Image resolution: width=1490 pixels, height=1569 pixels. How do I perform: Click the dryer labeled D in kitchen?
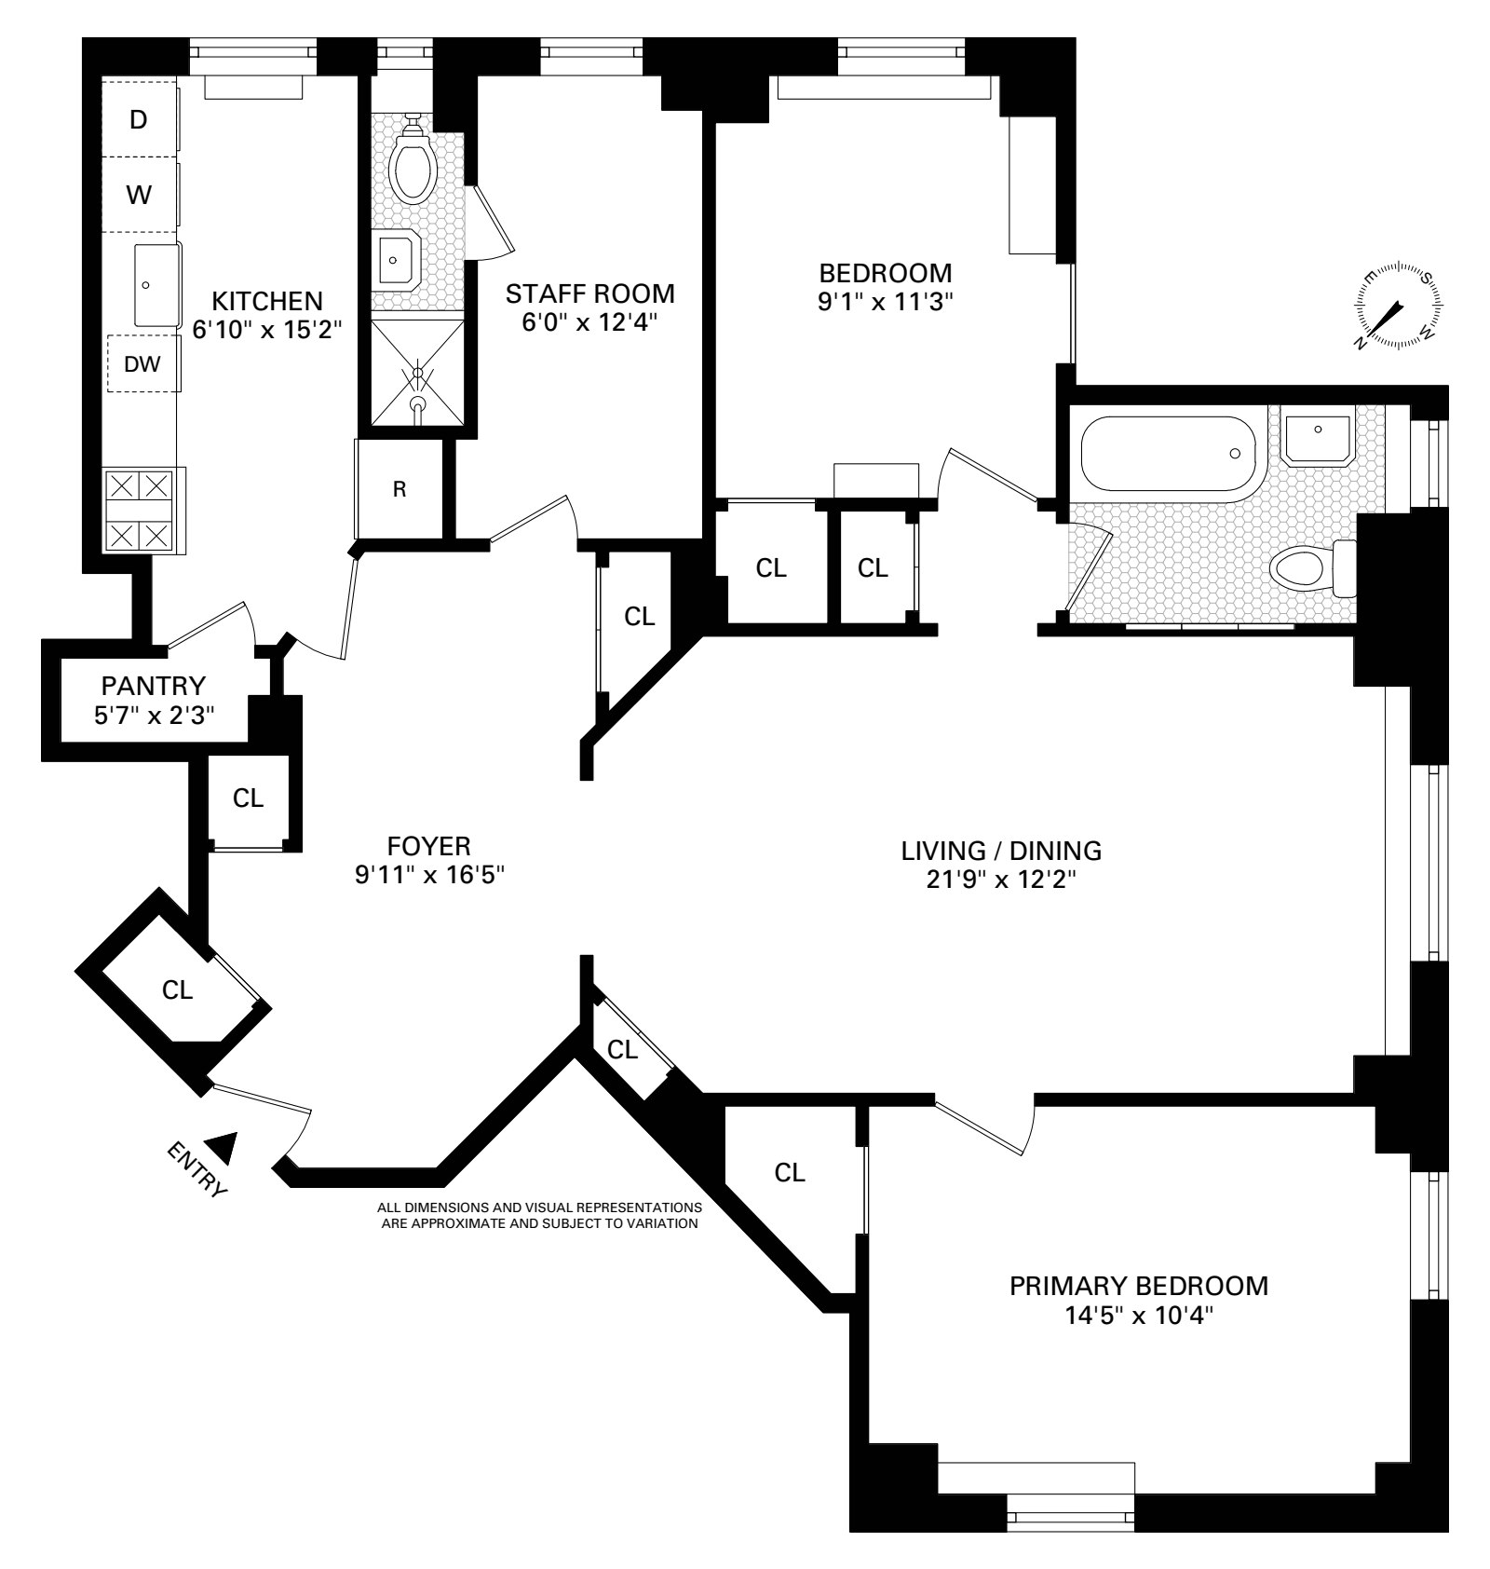[139, 119]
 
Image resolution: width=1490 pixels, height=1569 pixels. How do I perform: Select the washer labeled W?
[139, 195]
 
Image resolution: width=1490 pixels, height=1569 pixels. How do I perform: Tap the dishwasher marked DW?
[142, 364]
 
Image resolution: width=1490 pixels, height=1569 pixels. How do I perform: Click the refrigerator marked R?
[400, 489]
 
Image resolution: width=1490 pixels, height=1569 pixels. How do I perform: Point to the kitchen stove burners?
[140, 511]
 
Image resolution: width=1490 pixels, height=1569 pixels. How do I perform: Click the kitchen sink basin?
[156, 284]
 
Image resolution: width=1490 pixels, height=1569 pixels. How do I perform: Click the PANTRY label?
[153, 687]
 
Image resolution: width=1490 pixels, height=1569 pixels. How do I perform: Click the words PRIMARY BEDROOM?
[1139, 1286]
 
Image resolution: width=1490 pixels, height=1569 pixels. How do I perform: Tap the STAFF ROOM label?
[589, 293]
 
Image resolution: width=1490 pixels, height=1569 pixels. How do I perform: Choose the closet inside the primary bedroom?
[790, 1172]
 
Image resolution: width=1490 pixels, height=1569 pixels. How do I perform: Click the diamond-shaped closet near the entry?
[177, 989]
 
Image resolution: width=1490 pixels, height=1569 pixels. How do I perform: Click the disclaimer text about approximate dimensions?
[539, 1216]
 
